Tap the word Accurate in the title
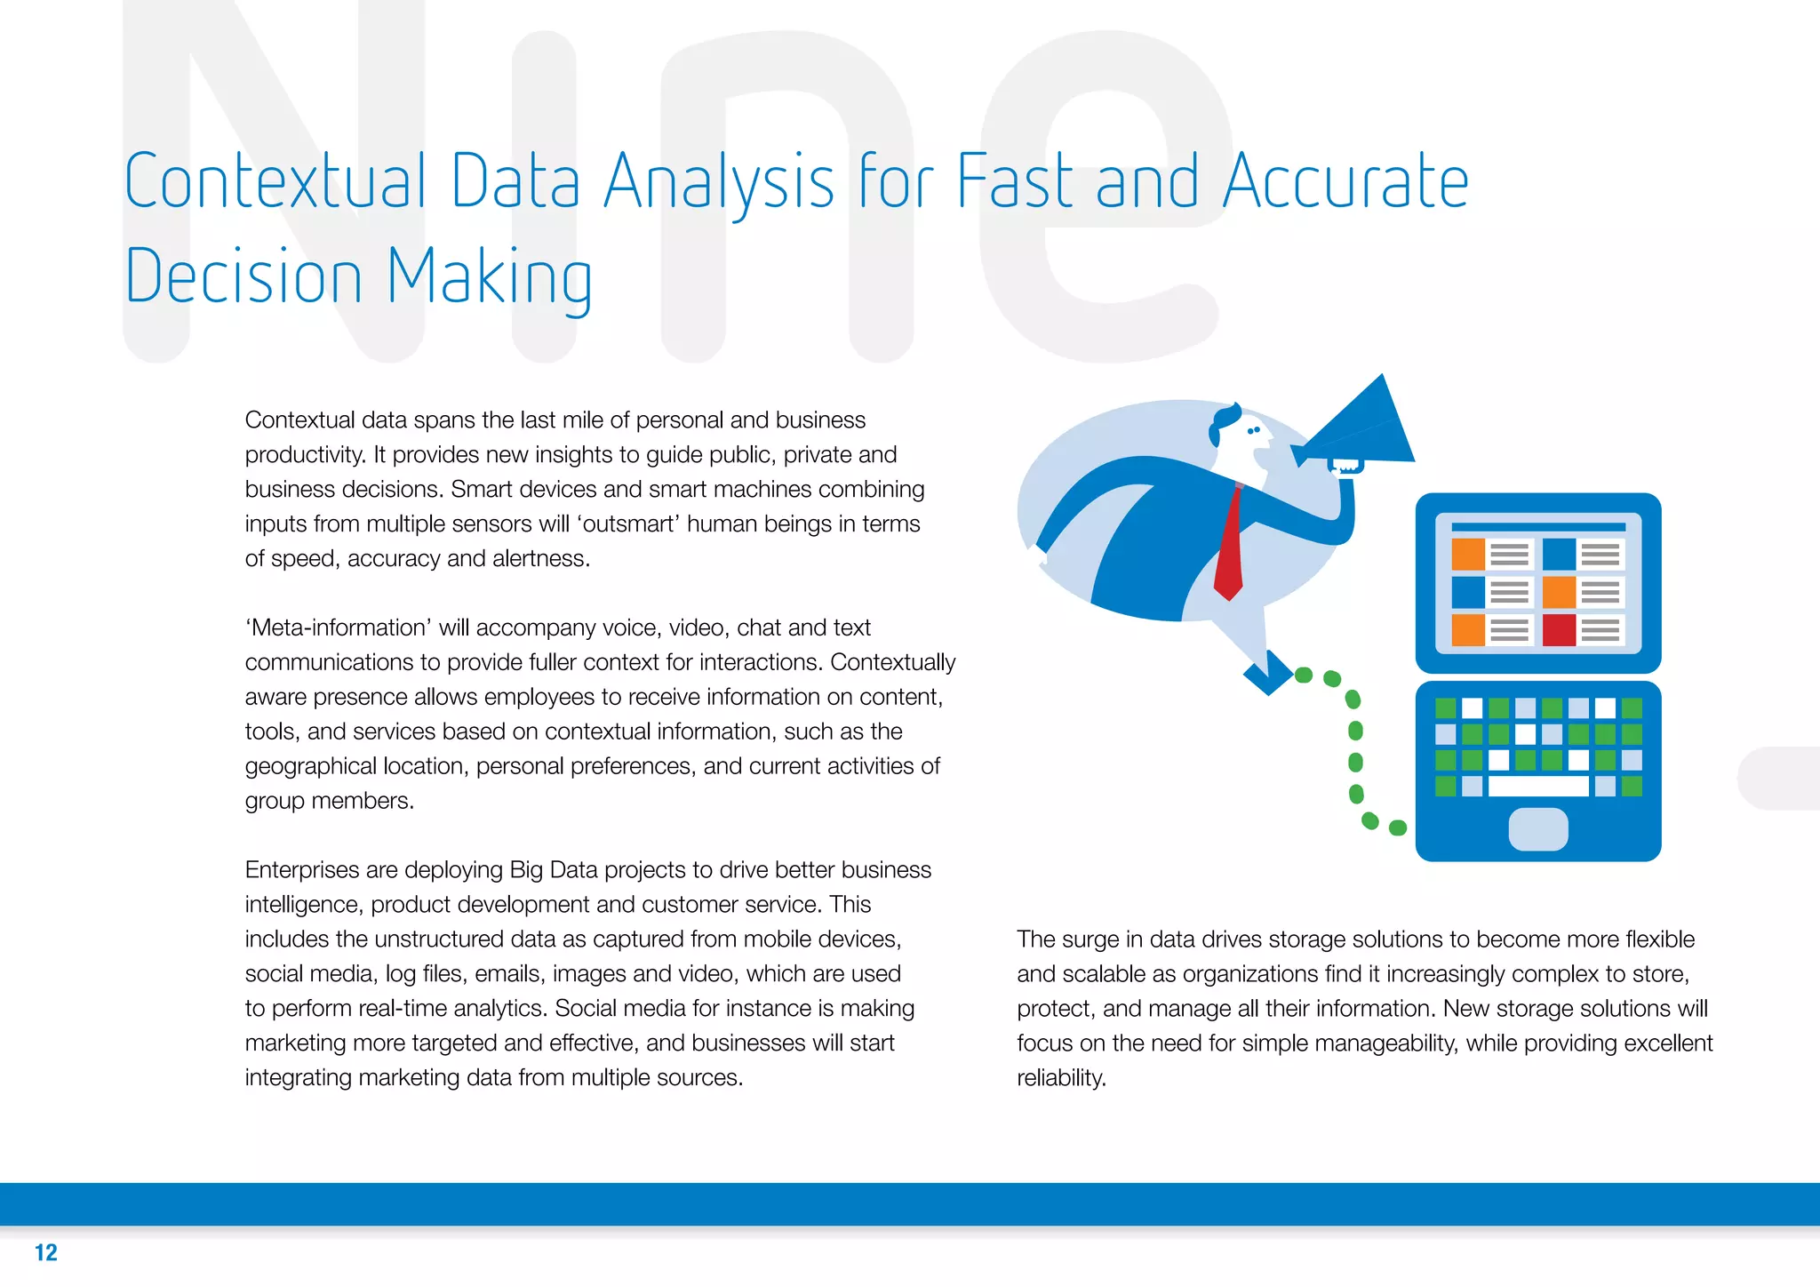tap(1345, 181)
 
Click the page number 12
tap(46, 1252)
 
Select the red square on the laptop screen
tap(1559, 629)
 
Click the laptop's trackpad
tap(1538, 828)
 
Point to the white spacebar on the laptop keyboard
tap(1537, 786)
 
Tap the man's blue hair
tap(1225, 421)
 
